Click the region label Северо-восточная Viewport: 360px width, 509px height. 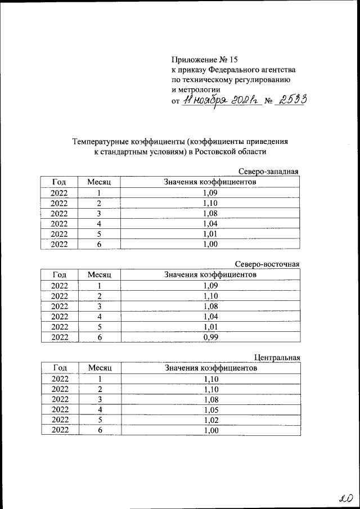coord(267,264)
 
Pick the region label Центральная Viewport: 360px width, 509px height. coord(277,357)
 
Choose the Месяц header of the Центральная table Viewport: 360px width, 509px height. coord(100,368)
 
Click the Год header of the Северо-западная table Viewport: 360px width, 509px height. coord(59,182)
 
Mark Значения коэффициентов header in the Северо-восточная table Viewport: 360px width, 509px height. coord(210,275)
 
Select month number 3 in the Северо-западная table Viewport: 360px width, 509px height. coord(99,214)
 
